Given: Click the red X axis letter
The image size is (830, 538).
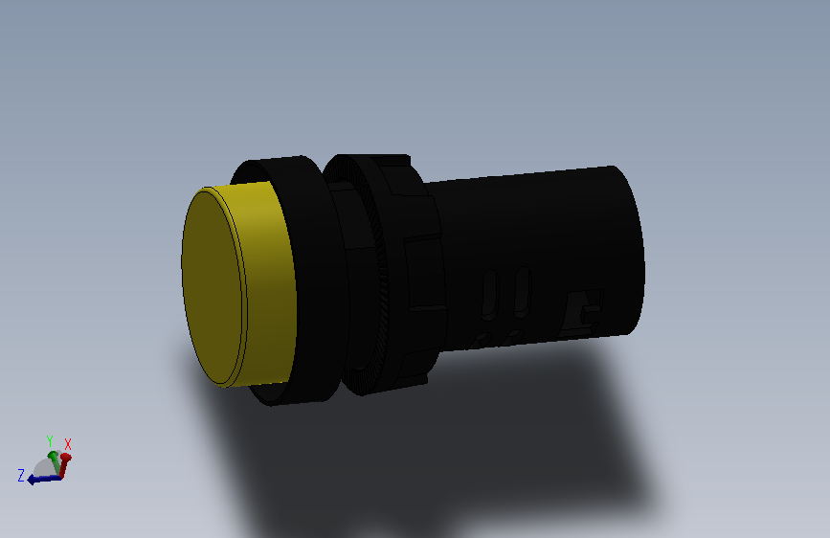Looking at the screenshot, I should click(68, 444).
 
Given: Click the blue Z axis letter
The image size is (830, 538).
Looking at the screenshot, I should click(20, 474).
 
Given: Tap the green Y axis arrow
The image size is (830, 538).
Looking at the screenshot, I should click(52, 458).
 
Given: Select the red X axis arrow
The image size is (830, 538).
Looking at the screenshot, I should click(64, 463).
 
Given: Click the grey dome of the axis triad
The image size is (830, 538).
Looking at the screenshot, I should click(44, 466).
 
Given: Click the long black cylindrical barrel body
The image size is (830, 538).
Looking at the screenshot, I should click(536, 220).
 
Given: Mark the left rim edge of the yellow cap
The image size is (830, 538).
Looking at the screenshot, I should click(184, 278).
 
